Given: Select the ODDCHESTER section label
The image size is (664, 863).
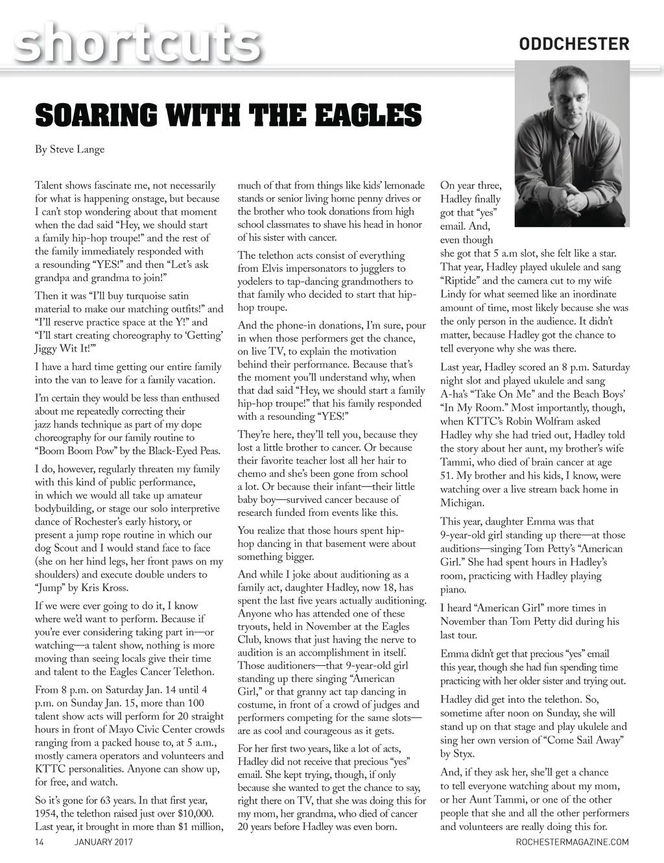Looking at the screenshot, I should (574, 44).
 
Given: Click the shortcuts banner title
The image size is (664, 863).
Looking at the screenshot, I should (137, 42).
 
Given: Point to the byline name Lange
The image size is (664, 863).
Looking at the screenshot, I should (90, 150).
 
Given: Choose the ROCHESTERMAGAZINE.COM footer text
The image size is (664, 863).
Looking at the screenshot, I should (573, 842).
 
